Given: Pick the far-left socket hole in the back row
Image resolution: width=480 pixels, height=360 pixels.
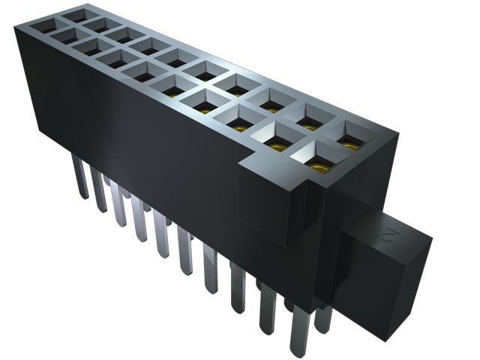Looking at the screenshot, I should [74, 14].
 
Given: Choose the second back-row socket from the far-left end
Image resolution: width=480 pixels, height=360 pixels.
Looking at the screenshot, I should [97, 24].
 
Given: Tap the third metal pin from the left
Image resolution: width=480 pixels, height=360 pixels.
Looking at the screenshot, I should [119, 202].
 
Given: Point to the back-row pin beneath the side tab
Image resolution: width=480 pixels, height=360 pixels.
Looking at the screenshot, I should [322, 319].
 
